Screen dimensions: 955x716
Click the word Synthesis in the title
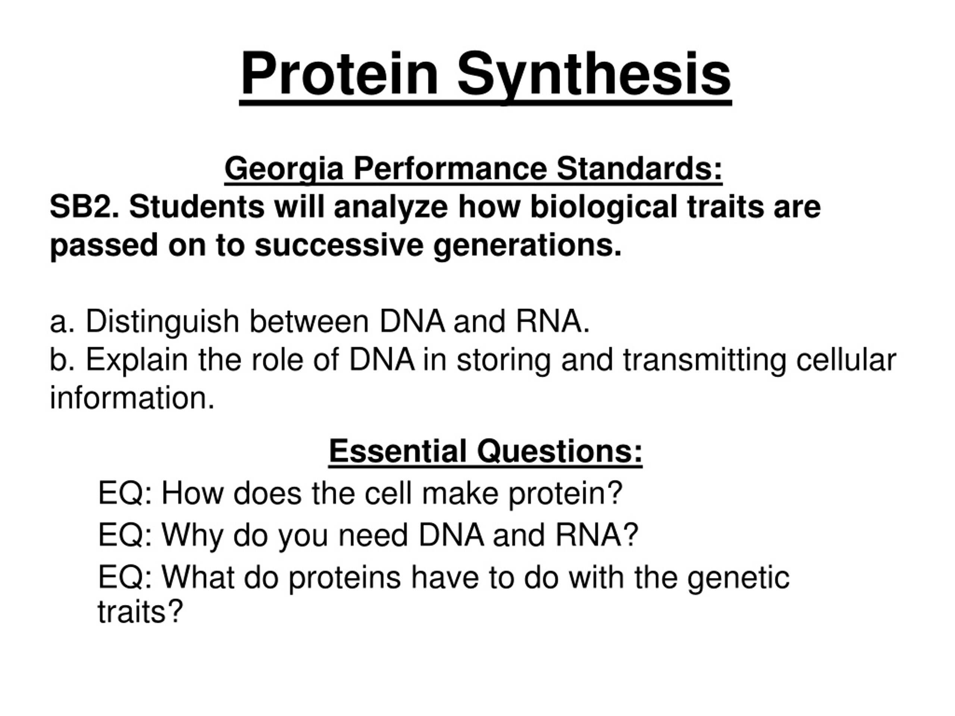(595, 74)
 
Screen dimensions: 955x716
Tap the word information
(132, 398)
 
